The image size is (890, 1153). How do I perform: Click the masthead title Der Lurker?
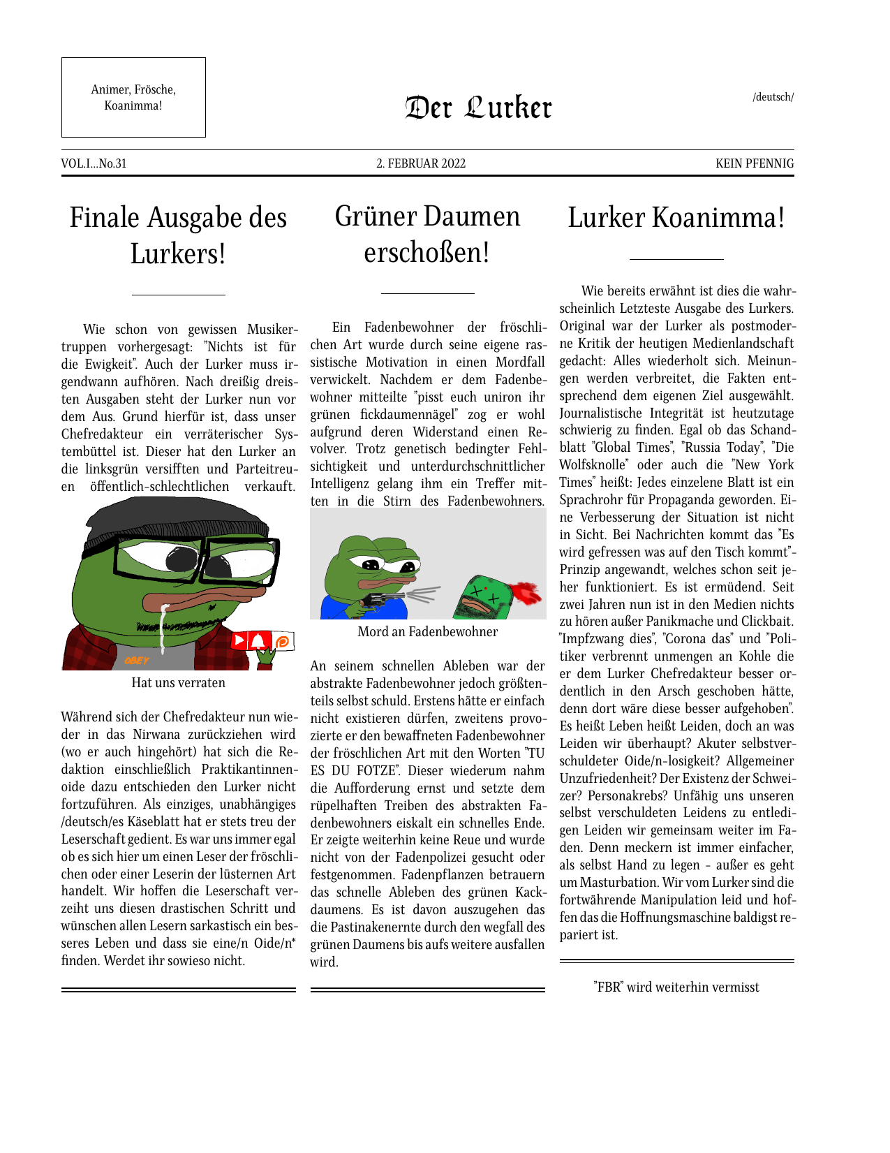(478, 108)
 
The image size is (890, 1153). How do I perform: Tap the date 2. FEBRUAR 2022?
(421, 163)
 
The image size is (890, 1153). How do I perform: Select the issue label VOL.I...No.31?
(94, 163)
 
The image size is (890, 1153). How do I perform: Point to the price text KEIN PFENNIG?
(755, 163)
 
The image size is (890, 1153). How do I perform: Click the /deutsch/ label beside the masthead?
(773, 97)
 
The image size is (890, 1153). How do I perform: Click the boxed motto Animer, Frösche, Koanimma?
(133, 98)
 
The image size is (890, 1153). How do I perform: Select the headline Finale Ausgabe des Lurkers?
(178, 235)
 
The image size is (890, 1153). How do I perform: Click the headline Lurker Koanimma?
(676, 217)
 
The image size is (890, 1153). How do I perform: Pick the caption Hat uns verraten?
(178, 682)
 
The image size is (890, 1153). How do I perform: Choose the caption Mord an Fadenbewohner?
(427, 631)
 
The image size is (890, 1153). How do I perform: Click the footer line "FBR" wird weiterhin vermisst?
(676, 987)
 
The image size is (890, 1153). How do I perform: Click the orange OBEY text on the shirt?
(137, 660)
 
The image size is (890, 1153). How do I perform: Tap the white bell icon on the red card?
(258, 641)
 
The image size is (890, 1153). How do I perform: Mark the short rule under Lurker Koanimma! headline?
(676, 259)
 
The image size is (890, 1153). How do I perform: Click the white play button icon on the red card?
(239, 640)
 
